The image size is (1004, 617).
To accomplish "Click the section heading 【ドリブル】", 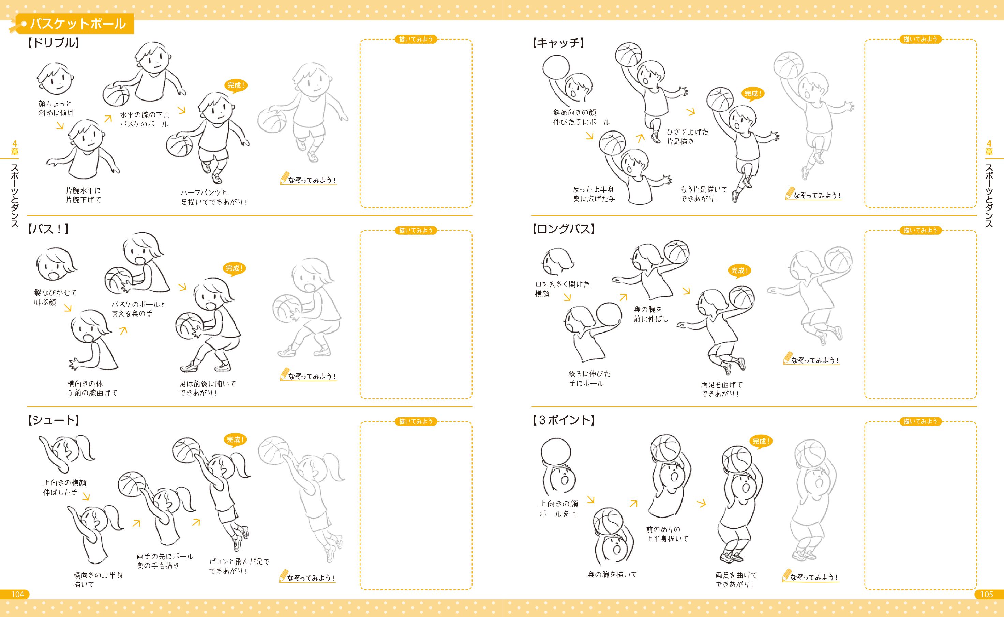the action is [54, 43].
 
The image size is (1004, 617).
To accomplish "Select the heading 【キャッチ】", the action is [558, 43].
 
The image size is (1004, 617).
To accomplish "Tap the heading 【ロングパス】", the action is [564, 229].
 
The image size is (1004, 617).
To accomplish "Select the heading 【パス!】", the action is [48, 229].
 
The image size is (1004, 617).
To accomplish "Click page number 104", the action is [17, 594].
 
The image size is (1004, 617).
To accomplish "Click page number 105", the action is [987, 594].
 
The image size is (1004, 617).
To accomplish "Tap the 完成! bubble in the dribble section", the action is [236, 86].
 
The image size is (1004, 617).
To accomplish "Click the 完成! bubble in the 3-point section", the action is [761, 442].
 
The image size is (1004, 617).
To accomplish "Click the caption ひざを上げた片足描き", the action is [688, 137].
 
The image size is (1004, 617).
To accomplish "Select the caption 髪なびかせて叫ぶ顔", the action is [56, 297].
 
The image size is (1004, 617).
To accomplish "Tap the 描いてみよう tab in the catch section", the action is [920, 39].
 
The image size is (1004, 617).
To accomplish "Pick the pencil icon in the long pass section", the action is [788, 358].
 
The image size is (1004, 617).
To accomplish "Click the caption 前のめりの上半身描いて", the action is [667, 534].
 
